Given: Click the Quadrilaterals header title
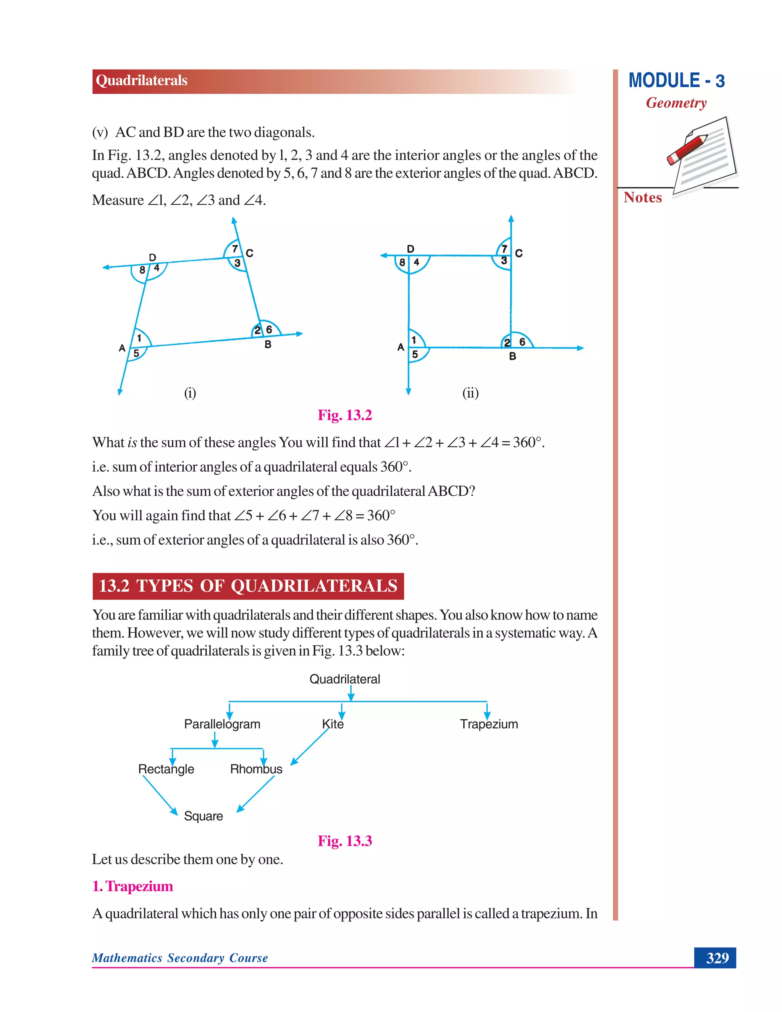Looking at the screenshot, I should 141,81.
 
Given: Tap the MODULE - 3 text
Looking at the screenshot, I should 676,81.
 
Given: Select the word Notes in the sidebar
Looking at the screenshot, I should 643,197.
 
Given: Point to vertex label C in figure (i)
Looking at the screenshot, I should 250,253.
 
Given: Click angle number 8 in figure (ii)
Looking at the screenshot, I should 402,262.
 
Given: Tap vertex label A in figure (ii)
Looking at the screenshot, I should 401,347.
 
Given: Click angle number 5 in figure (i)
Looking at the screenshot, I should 136,353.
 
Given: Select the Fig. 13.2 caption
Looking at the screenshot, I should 345,415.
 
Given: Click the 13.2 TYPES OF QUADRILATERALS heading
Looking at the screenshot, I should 248,586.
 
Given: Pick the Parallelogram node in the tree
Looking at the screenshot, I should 222,724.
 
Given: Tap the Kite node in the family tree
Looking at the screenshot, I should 333,724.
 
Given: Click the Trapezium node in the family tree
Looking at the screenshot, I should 489,724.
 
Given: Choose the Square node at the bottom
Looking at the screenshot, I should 204,816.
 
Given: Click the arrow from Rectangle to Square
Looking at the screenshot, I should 160,795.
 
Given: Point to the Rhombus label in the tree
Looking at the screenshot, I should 256,769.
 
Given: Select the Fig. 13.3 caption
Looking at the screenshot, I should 345,841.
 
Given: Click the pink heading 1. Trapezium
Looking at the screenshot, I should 132,886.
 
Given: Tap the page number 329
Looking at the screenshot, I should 717,958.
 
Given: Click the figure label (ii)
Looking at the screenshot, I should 470,393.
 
